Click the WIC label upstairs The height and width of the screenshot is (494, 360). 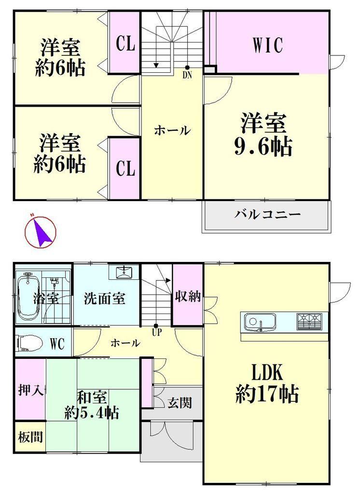pyautogui.click(x=267, y=45)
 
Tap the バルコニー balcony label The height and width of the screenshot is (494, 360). pyautogui.click(x=267, y=215)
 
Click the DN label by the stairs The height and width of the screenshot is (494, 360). pyautogui.click(x=187, y=76)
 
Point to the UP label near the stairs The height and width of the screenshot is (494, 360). pyautogui.click(x=156, y=332)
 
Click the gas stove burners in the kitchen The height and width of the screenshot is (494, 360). pyautogui.click(x=309, y=321)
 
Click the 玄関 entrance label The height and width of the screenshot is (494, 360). pyautogui.click(x=180, y=403)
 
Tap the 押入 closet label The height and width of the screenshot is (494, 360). pyautogui.click(x=30, y=390)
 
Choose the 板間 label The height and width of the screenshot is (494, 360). pyautogui.click(x=30, y=437)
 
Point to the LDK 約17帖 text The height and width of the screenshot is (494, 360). pyautogui.click(x=267, y=383)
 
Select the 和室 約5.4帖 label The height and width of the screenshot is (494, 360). pyautogui.click(x=92, y=405)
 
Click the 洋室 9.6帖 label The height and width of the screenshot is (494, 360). pyautogui.click(x=263, y=135)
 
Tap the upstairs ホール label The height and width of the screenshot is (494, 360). pyautogui.click(x=172, y=130)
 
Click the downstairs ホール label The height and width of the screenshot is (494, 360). pyautogui.click(x=125, y=343)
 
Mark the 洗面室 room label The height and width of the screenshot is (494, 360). pyautogui.click(x=105, y=298)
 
